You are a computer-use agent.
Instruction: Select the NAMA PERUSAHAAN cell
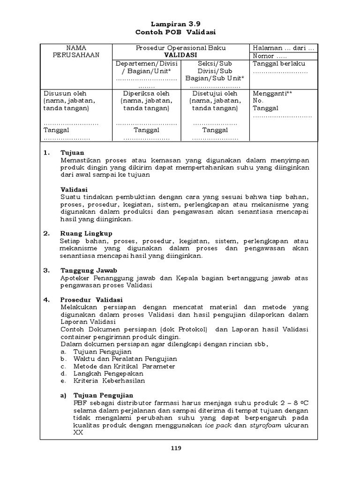[x=76, y=52]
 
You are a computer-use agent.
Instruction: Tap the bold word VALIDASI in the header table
[x=180, y=55]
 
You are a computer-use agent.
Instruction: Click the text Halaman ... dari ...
[x=284, y=48]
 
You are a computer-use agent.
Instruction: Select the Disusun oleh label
[x=65, y=93]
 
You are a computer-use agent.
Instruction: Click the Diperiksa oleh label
[x=146, y=93]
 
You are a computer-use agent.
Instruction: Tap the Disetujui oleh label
[x=215, y=93]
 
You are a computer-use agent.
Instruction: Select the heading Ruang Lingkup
[x=86, y=233]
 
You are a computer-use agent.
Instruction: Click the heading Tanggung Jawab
[x=89, y=270]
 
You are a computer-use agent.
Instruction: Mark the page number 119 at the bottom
[x=175, y=448]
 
